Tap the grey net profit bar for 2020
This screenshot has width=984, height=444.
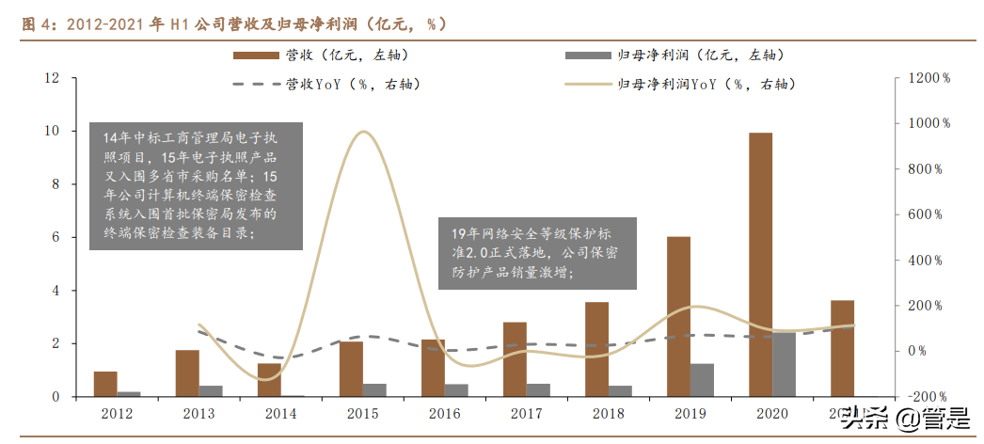[784, 364]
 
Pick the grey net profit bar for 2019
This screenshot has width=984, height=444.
[702, 380]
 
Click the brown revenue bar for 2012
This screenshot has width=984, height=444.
[105, 384]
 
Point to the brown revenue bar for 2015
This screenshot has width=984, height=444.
[351, 369]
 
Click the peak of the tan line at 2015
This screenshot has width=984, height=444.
[363, 132]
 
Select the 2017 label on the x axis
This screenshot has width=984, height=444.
[527, 414]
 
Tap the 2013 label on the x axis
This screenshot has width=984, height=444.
[198, 414]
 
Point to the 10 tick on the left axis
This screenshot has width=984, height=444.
[54, 131]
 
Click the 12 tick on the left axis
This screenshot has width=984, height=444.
[54, 78]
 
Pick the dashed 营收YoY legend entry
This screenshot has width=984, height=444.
[325, 85]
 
